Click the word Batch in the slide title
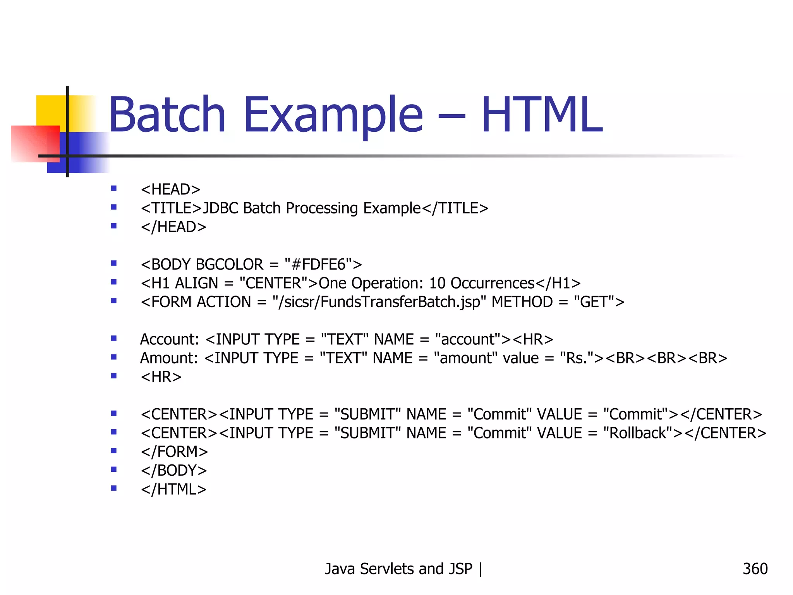167,115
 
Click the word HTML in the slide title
542,115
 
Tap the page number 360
755,569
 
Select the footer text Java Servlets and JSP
398,569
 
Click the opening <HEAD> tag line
170,189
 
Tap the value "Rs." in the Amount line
577,358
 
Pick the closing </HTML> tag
173,490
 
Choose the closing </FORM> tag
174,452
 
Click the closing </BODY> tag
174,471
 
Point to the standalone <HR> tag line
161,377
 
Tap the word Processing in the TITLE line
322,208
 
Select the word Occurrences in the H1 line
493,284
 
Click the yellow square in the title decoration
50,110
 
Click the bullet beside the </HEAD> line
114,226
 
